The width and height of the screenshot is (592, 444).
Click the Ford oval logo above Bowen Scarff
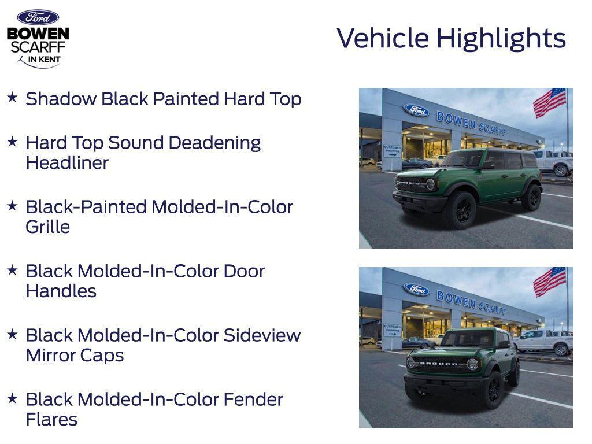pyautogui.click(x=38, y=17)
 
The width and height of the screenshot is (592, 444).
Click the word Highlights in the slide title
pyautogui.click(x=501, y=39)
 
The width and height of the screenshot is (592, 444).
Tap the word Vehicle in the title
pyautogui.click(x=383, y=38)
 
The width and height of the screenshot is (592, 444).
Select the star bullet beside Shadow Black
pyautogui.click(x=12, y=97)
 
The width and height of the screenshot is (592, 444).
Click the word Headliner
pyautogui.click(x=67, y=162)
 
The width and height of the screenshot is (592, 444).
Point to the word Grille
pyautogui.click(x=47, y=227)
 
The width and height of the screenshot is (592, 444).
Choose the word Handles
pyautogui.click(x=61, y=291)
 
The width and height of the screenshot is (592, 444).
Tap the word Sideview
pyautogui.click(x=262, y=335)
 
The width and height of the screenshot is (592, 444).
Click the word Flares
pyautogui.click(x=51, y=419)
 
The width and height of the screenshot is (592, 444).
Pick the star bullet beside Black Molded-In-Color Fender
pyautogui.click(x=12, y=398)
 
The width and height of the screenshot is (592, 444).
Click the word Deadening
pyautogui.click(x=222, y=142)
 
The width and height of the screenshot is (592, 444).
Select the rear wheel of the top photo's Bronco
pyautogui.click(x=531, y=198)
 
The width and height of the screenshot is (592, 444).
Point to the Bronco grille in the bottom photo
pyautogui.click(x=439, y=364)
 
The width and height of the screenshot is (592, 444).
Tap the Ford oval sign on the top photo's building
pyautogui.click(x=416, y=110)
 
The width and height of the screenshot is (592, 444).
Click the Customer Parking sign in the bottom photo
pyautogui.click(x=392, y=330)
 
